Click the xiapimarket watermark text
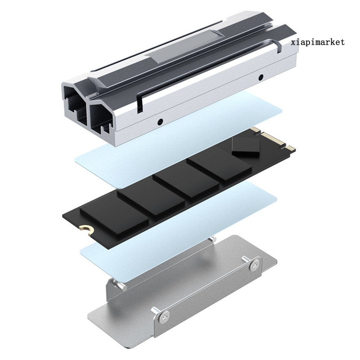[318, 43]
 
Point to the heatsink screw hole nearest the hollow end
[160, 122]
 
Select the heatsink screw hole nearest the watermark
[261, 77]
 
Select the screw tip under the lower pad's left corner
[120, 285]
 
